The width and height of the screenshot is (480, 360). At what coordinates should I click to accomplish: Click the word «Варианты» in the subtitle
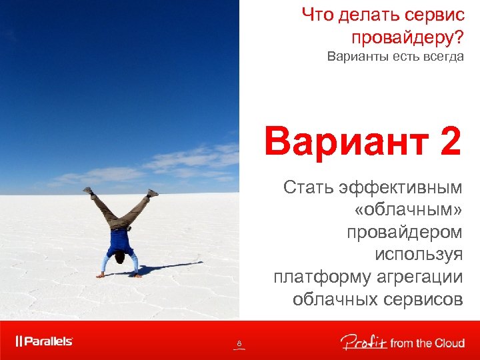354,57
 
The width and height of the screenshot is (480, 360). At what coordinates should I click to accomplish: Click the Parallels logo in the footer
45,341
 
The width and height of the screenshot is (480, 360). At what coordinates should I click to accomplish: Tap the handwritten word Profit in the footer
363,343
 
